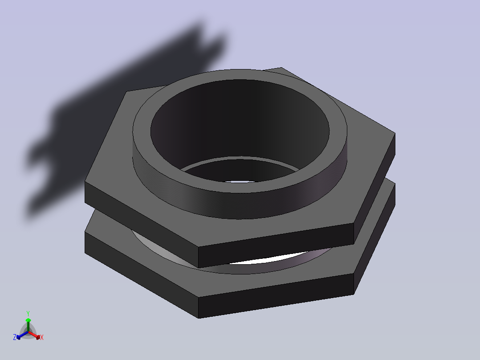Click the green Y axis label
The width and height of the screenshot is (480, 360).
(x=28, y=313)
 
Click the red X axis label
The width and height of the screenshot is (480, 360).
(x=42, y=338)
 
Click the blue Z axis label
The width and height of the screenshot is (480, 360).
(x=15, y=338)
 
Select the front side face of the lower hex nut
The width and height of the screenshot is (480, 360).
(x=276, y=296)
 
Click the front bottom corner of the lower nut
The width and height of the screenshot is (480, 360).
(x=199, y=318)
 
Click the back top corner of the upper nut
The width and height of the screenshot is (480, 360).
(x=281, y=68)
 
